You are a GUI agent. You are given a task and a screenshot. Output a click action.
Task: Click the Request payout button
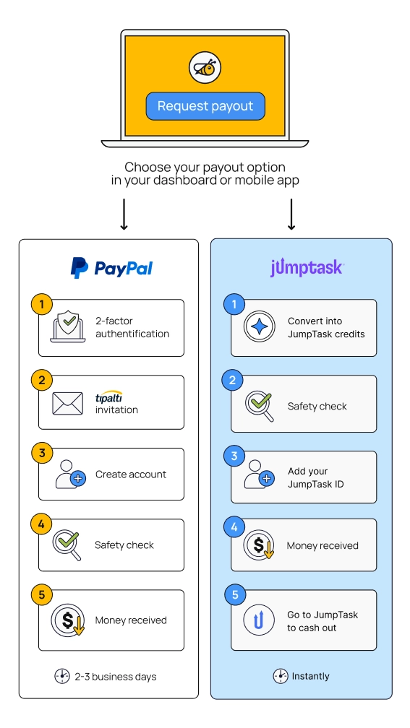[x=205, y=106]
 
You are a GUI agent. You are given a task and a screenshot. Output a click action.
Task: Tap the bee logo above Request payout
[x=205, y=68]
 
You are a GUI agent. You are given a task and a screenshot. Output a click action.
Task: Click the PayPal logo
[x=111, y=268]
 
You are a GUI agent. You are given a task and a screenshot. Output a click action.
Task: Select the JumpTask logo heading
[x=307, y=268]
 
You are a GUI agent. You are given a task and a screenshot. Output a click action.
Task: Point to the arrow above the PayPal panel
[x=124, y=214]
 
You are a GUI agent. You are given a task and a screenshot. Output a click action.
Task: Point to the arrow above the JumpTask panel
[x=291, y=214]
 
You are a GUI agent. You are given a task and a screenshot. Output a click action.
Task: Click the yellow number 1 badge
[x=42, y=305]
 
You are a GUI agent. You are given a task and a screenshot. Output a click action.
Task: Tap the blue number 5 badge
[x=235, y=595]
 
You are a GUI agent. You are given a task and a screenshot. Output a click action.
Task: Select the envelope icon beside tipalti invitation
[x=68, y=404]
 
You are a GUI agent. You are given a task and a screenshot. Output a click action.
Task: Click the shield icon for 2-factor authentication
[x=68, y=327]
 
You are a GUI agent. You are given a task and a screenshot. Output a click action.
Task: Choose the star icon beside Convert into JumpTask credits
[x=260, y=327]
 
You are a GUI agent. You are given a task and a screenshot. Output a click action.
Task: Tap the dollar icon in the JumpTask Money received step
[x=260, y=545]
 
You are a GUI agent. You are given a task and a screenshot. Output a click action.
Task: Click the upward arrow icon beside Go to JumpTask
[x=260, y=620]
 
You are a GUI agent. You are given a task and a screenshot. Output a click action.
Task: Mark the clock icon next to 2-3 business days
[x=62, y=676]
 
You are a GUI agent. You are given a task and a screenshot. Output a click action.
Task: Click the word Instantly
[x=310, y=676]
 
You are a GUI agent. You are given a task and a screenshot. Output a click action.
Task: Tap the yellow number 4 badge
[x=42, y=524]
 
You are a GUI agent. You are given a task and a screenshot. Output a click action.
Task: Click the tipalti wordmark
[x=108, y=397]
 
